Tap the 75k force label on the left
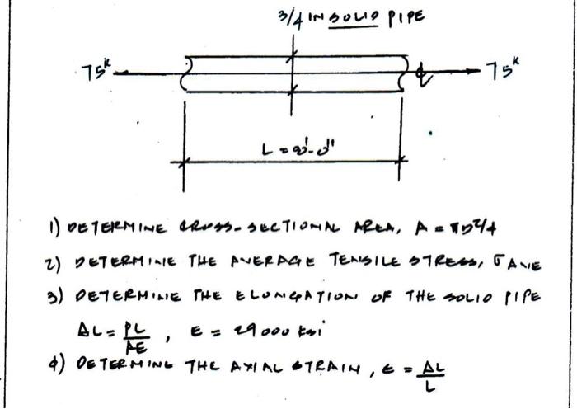pos(84,68)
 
